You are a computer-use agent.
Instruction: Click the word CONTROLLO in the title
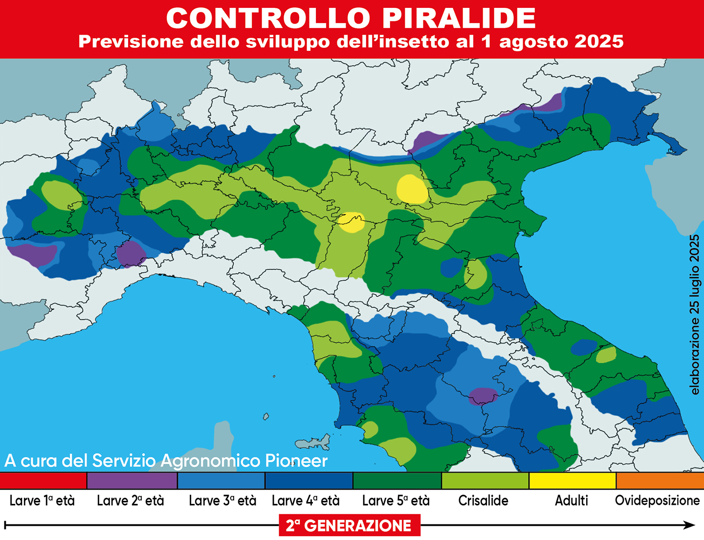click(x=268, y=19)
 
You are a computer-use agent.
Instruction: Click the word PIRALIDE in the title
click(x=459, y=19)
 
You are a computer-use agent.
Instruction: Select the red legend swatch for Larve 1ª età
click(x=43, y=481)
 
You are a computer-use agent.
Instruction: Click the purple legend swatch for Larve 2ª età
click(x=132, y=481)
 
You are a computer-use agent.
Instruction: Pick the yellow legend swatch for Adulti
click(x=572, y=481)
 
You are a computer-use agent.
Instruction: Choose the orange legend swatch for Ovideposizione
click(x=660, y=481)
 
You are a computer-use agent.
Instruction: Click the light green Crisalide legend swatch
click(x=484, y=481)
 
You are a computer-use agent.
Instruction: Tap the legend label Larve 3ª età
click(x=222, y=501)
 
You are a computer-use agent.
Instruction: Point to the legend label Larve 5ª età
click(x=396, y=501)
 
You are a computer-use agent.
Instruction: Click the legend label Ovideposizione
click(x=657, y=501)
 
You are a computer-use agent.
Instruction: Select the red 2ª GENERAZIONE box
click(x=349, y=526)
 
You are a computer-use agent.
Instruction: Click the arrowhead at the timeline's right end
click(x=690, y=525)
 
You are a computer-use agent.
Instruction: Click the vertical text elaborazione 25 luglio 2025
click(x=694, y=315)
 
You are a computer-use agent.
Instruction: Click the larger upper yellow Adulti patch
click(x=412, y=189)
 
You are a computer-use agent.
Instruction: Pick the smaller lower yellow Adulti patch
click(x=352, y=223)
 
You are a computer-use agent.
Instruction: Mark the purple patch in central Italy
click(x=483, y=395)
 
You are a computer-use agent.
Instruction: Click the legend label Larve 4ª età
click(x=306, y=501)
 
